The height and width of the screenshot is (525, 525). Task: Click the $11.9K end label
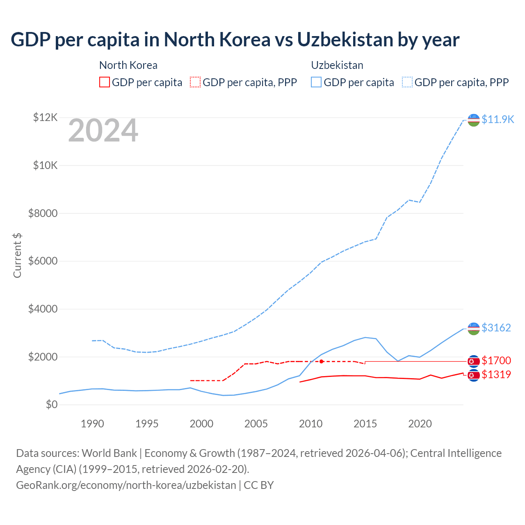coord(498,119)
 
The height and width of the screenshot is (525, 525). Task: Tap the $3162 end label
coord(496,328)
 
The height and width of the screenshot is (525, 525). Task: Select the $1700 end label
coord(496,361)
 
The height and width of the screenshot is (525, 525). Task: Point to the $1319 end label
coord(496,374)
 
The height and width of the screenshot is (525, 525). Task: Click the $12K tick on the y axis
coord(45,118)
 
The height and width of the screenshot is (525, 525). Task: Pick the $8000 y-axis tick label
coord(43,213)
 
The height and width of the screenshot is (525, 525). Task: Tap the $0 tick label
coord(52,404)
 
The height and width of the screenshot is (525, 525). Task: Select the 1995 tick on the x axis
coord(147,424)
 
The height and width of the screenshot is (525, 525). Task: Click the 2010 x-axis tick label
coord(310,424)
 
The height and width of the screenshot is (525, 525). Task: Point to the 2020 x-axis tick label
coord(420,424)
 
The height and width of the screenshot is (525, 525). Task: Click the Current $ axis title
coord(17,255)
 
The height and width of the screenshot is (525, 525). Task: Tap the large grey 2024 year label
coord(103,131)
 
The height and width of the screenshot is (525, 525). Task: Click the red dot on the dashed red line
coord(322,361)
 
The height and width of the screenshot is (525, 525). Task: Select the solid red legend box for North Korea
coord(105,82)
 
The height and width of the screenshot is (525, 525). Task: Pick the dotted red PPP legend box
coord(195,82)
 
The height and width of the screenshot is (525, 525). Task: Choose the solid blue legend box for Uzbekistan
coord(316,82)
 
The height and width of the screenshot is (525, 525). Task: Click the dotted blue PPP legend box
coord(407,82)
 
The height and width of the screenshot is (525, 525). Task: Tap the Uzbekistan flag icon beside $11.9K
coord(474,120)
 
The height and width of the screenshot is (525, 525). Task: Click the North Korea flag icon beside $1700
coord(474,361)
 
